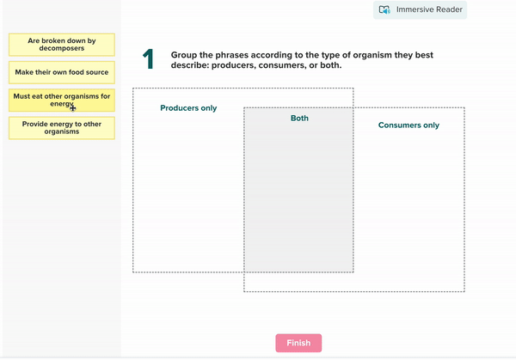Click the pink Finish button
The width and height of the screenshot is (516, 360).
(x=298, y=343)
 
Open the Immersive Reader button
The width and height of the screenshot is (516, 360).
(x=421, y=10)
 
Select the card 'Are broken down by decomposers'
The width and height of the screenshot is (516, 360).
(x=61, y=45)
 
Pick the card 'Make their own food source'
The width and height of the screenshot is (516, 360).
(x=61, y=72)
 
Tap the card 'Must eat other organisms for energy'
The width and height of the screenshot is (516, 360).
(x=61, y=100)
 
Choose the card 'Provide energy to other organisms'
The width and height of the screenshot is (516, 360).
(x=61, y=127)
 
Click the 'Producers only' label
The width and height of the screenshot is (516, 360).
(x=188, y=108)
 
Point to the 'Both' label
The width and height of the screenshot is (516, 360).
(x=299, y=119)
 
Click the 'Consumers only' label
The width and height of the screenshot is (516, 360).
(x=408, y=125)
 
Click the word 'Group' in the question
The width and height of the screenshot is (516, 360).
(x=186, y=55)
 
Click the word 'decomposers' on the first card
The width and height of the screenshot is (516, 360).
(x=61, y=49)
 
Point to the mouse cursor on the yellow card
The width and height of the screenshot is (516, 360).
(x=73, y=107)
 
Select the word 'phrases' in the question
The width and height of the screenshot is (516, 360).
(x=240, y=55)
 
